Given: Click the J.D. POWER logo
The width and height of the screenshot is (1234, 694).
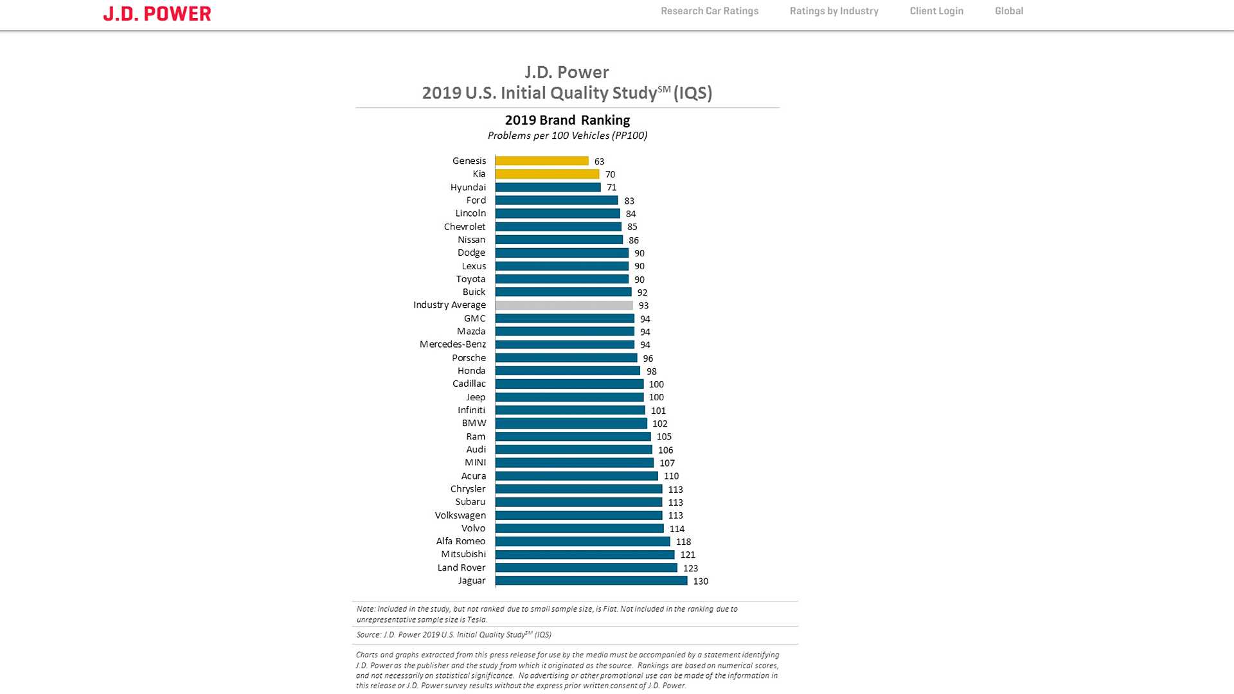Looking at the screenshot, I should (157, 13).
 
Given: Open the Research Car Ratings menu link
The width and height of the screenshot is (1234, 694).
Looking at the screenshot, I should (710, 11).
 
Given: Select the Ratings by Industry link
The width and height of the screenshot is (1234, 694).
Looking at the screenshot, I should (834, 11).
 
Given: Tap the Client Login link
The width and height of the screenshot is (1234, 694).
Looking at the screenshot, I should (936, 11).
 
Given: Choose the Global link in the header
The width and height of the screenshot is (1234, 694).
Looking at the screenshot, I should (1009, 11).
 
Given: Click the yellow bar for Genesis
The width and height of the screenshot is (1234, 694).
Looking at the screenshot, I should (542, 161).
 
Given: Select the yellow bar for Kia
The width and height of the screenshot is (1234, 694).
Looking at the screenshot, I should (547, 174).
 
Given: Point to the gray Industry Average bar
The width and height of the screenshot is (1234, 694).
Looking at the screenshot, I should (564, 305).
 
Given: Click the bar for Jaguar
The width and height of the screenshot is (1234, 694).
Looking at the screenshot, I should (591, 581).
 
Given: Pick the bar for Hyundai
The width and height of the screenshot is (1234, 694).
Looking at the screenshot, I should (548, 188).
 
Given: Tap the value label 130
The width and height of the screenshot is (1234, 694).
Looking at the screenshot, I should (701, 582).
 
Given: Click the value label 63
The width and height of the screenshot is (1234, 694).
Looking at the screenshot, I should (599, 161).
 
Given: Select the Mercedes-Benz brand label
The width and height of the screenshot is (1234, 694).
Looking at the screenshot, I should (452, 344).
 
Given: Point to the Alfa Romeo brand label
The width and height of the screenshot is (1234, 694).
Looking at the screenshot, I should (461, 541).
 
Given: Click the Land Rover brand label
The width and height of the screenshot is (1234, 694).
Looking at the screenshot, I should (461, 567).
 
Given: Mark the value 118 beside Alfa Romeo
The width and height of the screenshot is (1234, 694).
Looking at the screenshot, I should (683, 542).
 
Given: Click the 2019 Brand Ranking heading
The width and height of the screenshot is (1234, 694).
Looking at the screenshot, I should (568, 120).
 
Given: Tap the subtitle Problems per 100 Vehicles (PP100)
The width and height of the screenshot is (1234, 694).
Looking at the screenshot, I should (568, 136).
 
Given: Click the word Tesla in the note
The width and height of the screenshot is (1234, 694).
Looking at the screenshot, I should (477, 620).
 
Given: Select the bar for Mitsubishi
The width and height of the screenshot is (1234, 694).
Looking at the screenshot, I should (585, 555).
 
